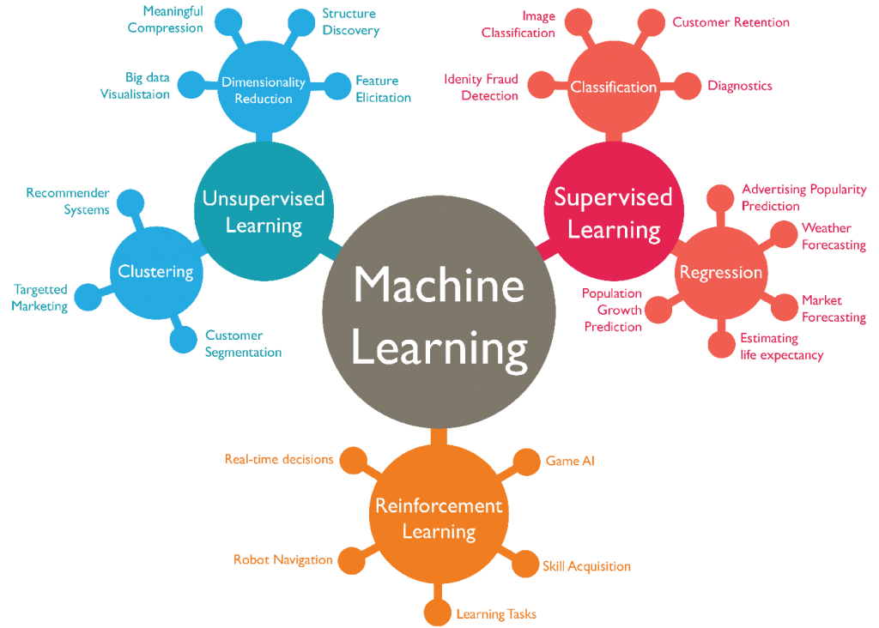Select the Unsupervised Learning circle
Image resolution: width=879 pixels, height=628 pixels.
pos(264,211)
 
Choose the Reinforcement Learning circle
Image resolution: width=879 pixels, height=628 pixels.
pos(439,517)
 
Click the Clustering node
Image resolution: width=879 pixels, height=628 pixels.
pos(155,271)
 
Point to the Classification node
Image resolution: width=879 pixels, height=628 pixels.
pos(614,87)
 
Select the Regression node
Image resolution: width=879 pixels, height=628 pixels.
pos(721,272)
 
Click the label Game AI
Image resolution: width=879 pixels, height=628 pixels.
pos(570,461)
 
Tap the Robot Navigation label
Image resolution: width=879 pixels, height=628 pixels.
pos(282,560)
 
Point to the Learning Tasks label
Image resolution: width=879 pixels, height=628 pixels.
pos(496,613)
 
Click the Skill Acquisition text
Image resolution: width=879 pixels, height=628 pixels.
pos(586,566)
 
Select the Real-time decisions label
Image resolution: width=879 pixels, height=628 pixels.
pos(278,459)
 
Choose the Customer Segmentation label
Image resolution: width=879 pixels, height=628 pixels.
pos(243,344)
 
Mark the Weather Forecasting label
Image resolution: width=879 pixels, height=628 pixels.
pos(834,236)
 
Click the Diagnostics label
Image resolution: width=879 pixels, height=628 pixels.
pos(740,86)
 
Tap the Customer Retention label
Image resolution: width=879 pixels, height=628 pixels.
pos(730,22)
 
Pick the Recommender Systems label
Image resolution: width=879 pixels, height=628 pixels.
pos(68,201)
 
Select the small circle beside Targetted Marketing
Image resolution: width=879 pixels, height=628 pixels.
pos(86,298)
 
